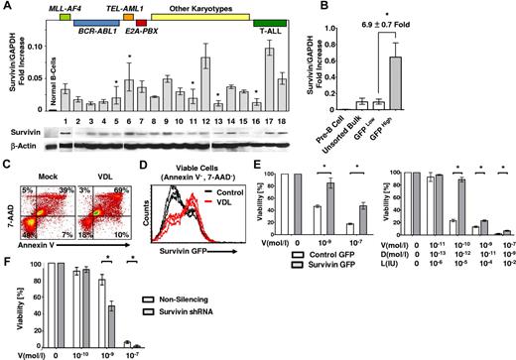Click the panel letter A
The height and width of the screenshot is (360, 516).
coord(7,9)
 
